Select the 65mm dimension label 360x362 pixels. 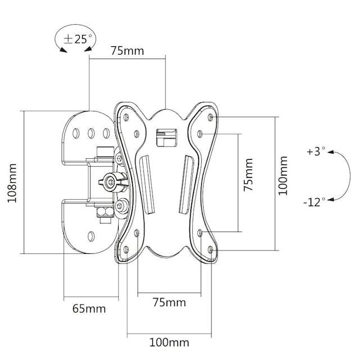[x=89, y=308]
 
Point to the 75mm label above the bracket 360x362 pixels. [x=127, y=51]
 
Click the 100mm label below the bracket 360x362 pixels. [x=169, y=342]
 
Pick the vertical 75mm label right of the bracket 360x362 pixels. [x=248, y=176]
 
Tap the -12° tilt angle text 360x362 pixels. [x=314, y=202]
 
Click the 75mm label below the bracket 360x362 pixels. [x=169, y=302]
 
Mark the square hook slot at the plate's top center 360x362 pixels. [x=166, y=136]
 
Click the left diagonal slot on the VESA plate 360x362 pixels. [x=147, y=185]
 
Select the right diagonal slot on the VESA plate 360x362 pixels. [x=186, y=185]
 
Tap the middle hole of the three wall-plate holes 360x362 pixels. [x=91, y=133]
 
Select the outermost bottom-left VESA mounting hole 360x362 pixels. [x=125, y=248]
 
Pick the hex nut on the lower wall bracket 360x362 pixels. [x=103, y=213]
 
